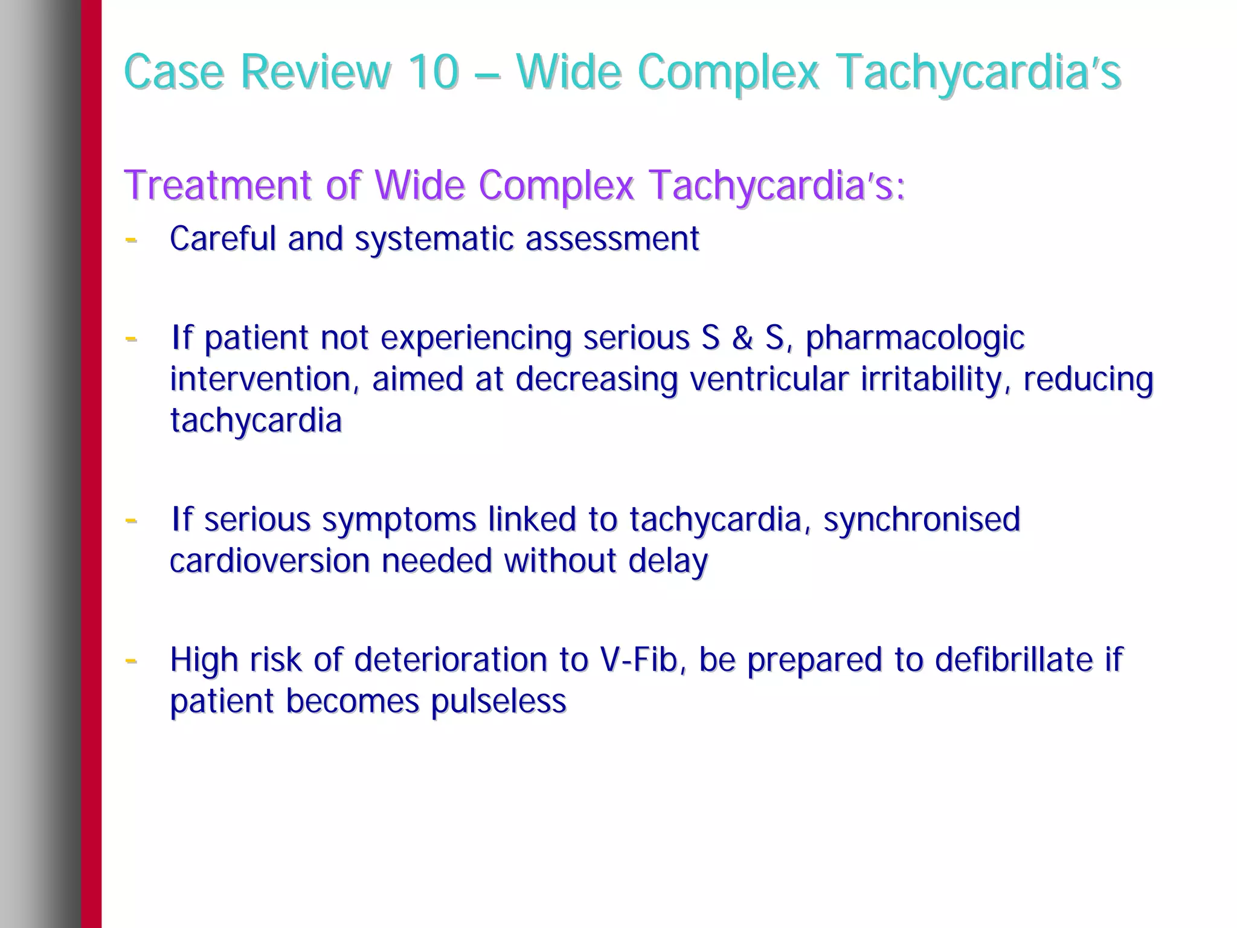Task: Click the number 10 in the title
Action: (432, 72)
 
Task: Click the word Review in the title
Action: (315, 72)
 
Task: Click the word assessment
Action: (612, 239)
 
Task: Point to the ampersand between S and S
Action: (742, 338)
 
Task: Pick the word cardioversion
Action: (269, 561)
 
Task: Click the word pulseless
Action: (498, 702)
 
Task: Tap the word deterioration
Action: (450, 659)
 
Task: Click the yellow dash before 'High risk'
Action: (130, 661)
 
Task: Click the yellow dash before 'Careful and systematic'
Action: (130, 239)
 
